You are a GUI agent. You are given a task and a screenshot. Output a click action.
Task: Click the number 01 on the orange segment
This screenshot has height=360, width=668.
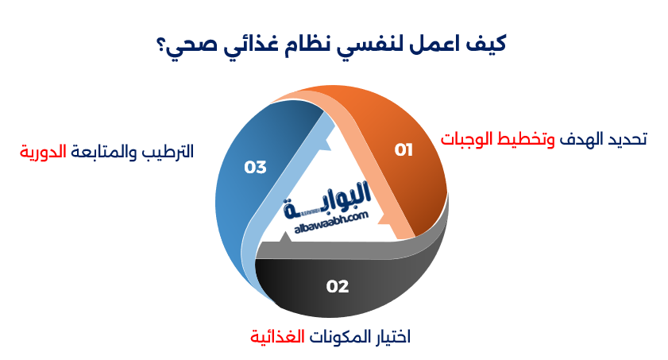[404, 150]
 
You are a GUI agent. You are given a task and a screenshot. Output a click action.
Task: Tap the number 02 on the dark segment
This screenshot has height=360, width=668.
[338, 287]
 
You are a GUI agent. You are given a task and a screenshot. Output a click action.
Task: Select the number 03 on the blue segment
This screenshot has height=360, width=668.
[255, 168]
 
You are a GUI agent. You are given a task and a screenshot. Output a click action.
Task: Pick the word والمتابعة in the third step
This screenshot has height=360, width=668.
[104, 152]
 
